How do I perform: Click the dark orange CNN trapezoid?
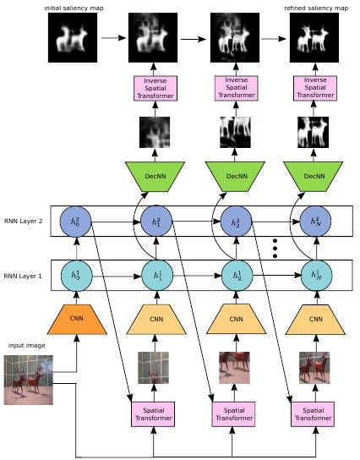click(x=77, y=319)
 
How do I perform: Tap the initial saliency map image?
click(x=73, y=37)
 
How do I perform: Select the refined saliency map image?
click(x=314, y=37)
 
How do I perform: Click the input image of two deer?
click(x=29, y=380)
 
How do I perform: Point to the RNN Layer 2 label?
click(x=23, y=222)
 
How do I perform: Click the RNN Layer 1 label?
click(x=23, y=276)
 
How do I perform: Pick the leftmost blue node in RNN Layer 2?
click(x=76, y=222)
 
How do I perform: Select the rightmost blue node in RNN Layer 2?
click(x=315, y=222)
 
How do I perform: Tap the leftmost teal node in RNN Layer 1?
click(x=77, y=276)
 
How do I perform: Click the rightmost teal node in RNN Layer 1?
click(x=317, y=276)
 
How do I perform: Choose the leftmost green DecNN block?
click(x=155, y=177)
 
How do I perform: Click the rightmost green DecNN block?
click(x=313, y=177)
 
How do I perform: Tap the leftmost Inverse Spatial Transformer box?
click(x=155, y=88)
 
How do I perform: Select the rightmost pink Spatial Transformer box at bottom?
click(x=313, y=414)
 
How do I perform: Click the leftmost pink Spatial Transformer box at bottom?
click(x=153, y=414)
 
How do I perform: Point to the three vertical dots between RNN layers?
click(x=275, y=249)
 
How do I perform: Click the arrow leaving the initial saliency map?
click(x=113, y=37)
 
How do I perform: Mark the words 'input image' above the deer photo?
click(x=27, y=346)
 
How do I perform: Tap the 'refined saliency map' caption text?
click(x=316, y=8)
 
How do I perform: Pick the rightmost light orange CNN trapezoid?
click(x=315, y=319)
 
